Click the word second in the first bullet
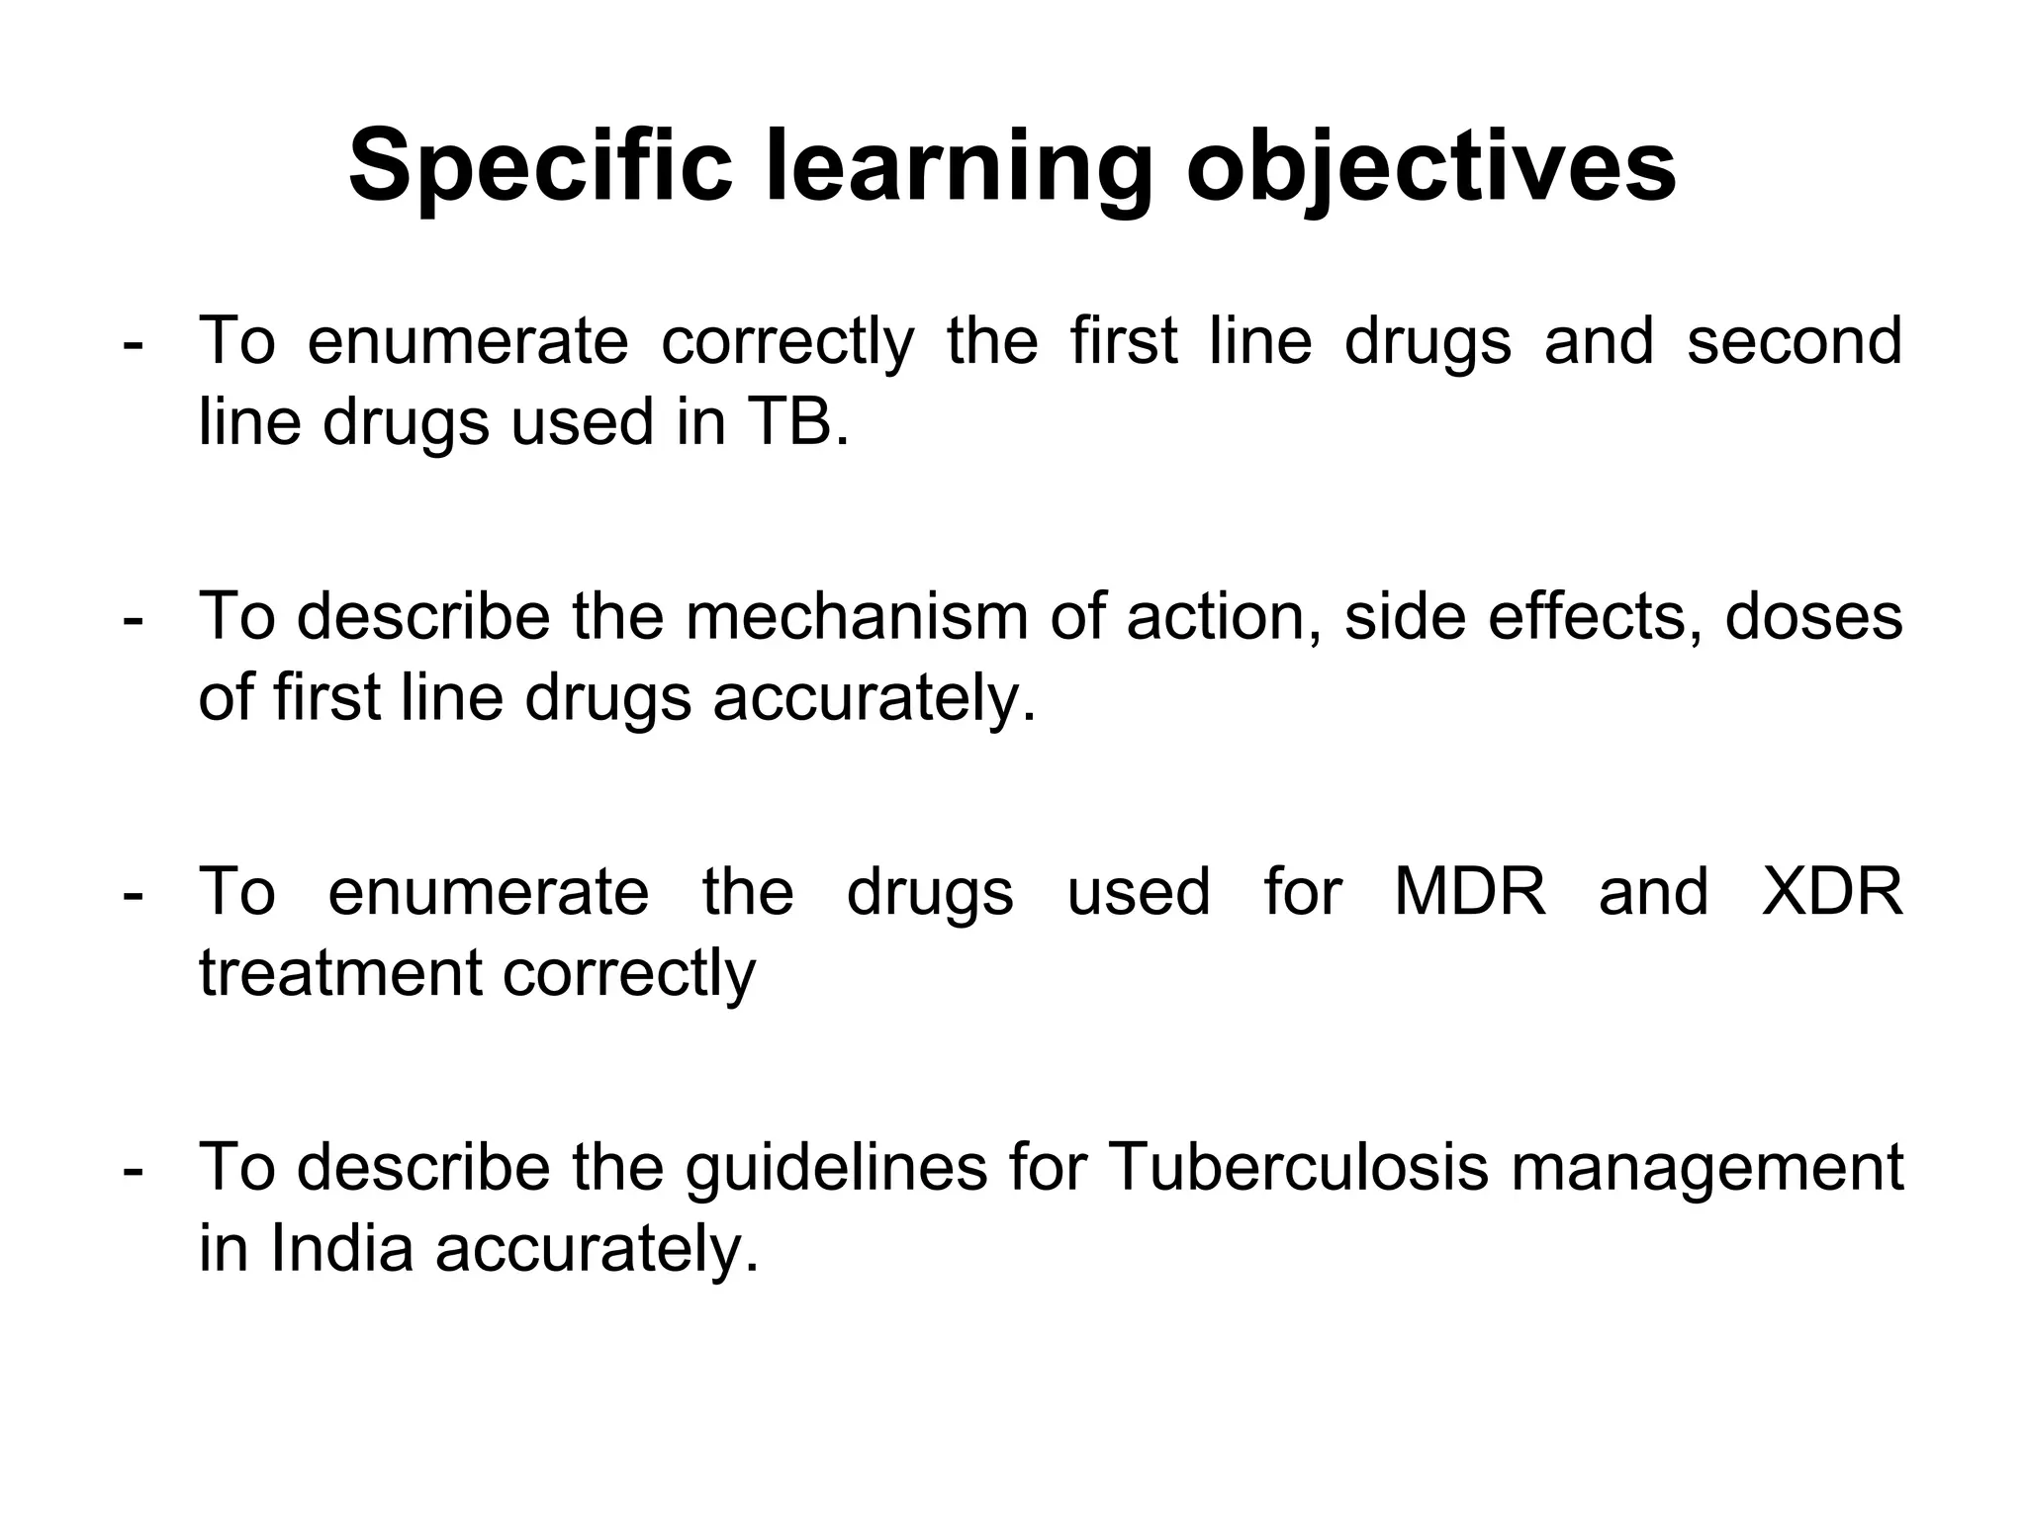(x=1794, y=341)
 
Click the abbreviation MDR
(x=1469, y=891)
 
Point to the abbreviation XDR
(x=1833, y=891)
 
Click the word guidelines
(x=836, y=1167)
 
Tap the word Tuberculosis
(x=1299, y=1167)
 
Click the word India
(x=341, y=1248)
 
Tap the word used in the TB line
(x=583, y=422)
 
